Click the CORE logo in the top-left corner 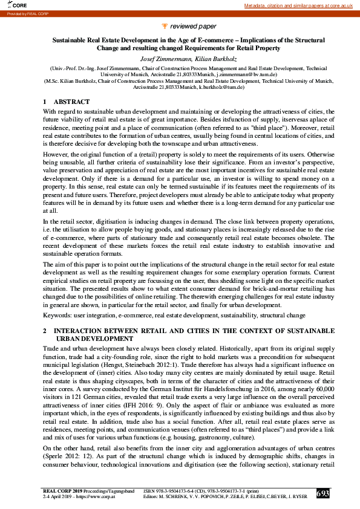pos(10,5)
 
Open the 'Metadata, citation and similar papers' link pos(298,5)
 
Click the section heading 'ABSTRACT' pos(71,102)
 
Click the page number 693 pos(323,494)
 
